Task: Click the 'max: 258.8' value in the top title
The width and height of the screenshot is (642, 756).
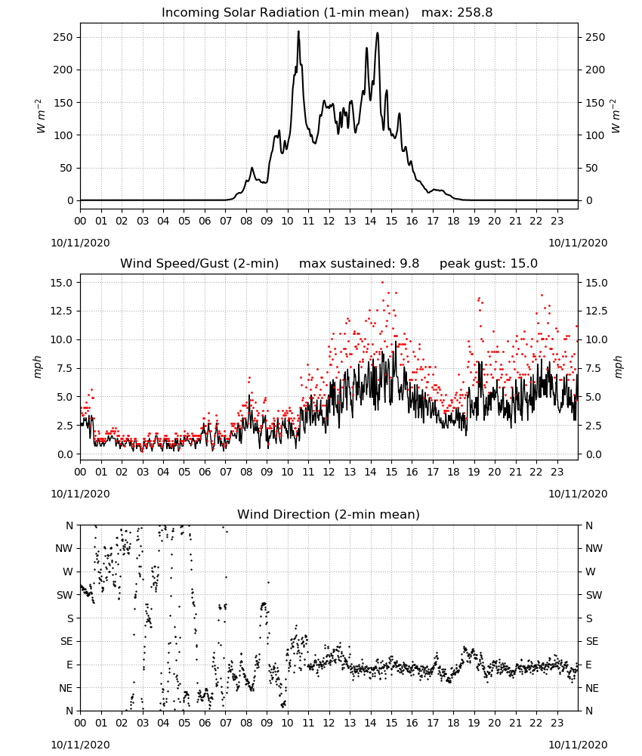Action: pyautogui.click(x=457, y=13)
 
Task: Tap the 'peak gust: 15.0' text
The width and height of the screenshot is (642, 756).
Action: pyautogui.click(x=489, y=264)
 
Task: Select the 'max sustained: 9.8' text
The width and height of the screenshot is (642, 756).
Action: pyautogui.click(x=359, y=264)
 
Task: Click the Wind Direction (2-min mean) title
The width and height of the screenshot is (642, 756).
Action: pyautogui.click(x=329, y=514)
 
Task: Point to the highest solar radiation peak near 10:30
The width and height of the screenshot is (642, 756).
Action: pyautogui.click(x=298, y=31)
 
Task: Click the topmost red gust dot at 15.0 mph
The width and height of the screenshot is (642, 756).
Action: pyautogui.click(x=382, y=282)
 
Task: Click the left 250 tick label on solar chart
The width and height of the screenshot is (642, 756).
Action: pyautogui.click(x=63, y=38)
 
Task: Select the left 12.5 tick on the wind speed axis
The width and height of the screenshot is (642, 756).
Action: pyautogui.click(x=62, y=311)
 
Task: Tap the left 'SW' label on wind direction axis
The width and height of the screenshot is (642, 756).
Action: pyautogui.click(x=65, y=595)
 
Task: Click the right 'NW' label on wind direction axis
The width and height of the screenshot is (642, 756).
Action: pyautogui.click(x=594, y=549)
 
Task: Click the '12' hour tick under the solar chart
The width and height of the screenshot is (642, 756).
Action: pyautogui.click(x=329, y=222)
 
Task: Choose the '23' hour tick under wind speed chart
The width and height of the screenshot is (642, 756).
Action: pyautogui.click(x=557, y=472)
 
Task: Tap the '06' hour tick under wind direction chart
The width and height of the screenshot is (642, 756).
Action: pyautogui.click(x=205, y=723)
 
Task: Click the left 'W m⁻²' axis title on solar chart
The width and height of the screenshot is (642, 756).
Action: pyautogui.click(x=41, y=116)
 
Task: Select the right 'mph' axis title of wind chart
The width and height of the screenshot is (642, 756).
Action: pyautogui.click(x=619, y=367)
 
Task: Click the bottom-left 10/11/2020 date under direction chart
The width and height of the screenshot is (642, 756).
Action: pyautogui.click(x=80, y=745)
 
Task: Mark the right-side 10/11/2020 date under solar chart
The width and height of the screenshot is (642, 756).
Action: pyautogui.click(x=578, y=243)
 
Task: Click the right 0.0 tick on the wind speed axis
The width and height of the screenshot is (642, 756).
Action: pyautogui.click(x=594, y=454)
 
